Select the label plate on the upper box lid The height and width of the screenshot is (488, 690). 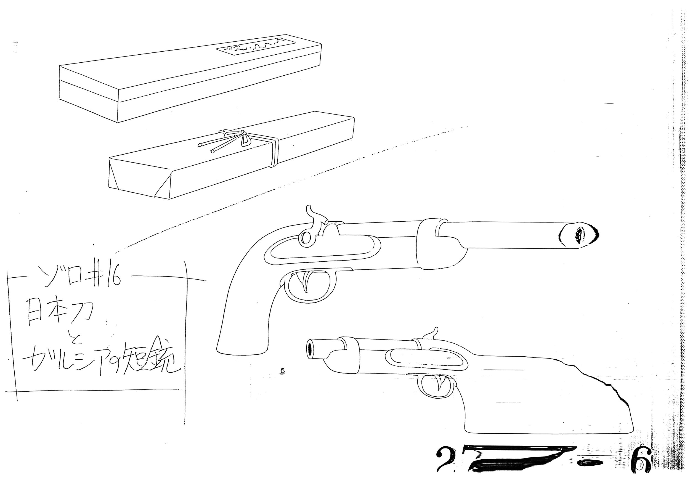(256, 47)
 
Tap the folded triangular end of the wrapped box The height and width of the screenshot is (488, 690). (164, 186)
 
